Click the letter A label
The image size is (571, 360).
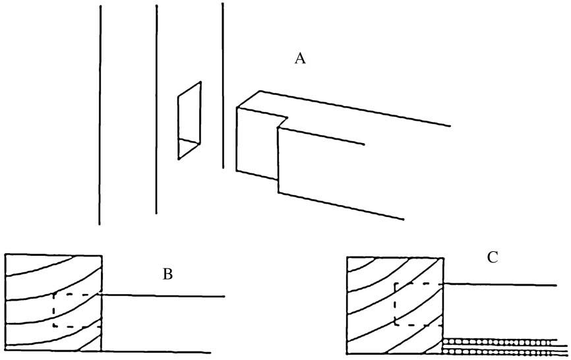tap(300, 59)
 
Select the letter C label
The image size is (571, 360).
tap(492, 258)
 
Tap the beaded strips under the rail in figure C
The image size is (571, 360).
tap(504, 347)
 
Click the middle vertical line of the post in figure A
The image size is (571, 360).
tap(156, 109)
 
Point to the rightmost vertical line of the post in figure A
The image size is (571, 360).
tap(223, 86)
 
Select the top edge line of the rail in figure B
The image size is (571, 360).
tap(165, 296)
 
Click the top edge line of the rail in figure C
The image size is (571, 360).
tap(501, 284)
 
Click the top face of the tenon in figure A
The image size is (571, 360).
tap(264, 105)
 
